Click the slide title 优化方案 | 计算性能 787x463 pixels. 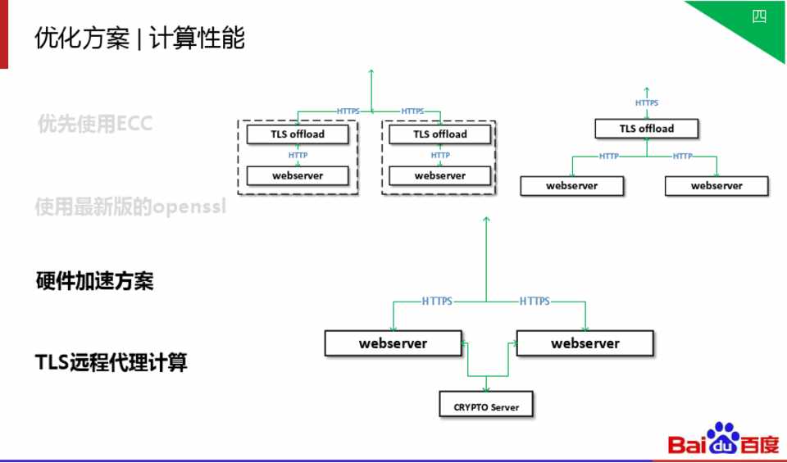(x=140, y=38)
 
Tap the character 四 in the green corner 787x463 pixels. (x=759, y=16)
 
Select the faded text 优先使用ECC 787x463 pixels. (x=96, y=124)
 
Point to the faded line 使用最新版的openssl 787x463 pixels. (x=130, y=207)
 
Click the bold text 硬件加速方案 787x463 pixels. (x=95, y=281)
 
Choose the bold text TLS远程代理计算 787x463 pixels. (x=111, y=362)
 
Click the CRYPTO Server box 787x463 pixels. (x=486, y=407)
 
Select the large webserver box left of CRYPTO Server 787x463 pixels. (x=393, y=343)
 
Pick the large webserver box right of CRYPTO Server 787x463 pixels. (x=585, y=343)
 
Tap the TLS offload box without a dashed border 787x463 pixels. (x=646, y=129)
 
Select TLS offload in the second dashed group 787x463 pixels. (x=439, y=134)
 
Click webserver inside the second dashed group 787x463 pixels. (x=439, y=175)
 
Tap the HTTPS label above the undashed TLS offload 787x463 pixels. (x=646, y=103)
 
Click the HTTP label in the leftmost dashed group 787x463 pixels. (x=298, y=155)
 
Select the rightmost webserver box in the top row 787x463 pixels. (x=716, y=186)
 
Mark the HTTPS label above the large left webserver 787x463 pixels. (x=437, y=302)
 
